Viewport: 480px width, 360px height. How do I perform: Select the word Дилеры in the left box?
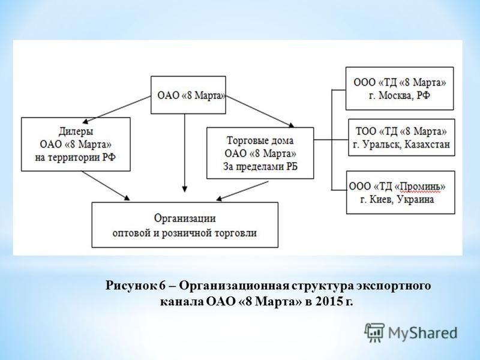click(x=76, y=131)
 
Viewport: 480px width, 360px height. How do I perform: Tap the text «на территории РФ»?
click(x=76, y=158)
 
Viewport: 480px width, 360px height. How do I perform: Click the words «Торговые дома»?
click(x=260, y=140)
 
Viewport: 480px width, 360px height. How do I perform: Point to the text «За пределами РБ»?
click(x=260, y=166)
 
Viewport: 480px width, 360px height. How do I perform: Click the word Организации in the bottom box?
click(x=185, y=218)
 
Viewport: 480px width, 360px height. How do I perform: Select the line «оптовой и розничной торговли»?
click(x=185, y=233)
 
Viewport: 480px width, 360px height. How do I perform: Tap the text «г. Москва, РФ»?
click(x=400, y=95)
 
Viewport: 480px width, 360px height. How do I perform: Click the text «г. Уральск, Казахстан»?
click(x=401, y=144)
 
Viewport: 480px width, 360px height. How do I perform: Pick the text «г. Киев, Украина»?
click(x=397, y=200)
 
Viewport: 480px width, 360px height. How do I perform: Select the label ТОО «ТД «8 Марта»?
click(x=401, y=131)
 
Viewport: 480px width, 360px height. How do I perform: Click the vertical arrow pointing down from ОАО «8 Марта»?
click(x=184, y=153)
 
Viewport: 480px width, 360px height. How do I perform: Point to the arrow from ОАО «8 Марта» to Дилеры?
click(x=117, y=109)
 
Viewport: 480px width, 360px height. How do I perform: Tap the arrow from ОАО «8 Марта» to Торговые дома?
click(x=260, y=111)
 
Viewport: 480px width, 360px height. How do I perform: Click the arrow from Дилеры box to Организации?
click(x=106, y=186)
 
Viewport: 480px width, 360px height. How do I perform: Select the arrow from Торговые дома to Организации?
click(x=242, y=191)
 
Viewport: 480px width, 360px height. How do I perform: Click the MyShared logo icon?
click(x=374, y=333)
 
